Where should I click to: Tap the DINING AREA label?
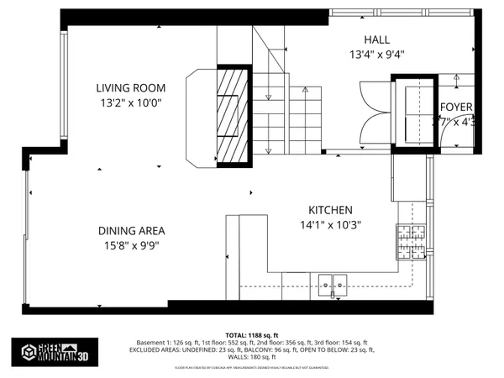point(130,231)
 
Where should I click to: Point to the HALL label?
point(377,40)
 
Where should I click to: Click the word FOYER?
point(456,107)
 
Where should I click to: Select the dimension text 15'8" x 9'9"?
point(130,246)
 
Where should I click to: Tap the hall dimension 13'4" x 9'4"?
point(377,55)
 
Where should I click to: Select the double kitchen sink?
point(333,283)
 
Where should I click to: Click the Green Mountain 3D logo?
point(47,350)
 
